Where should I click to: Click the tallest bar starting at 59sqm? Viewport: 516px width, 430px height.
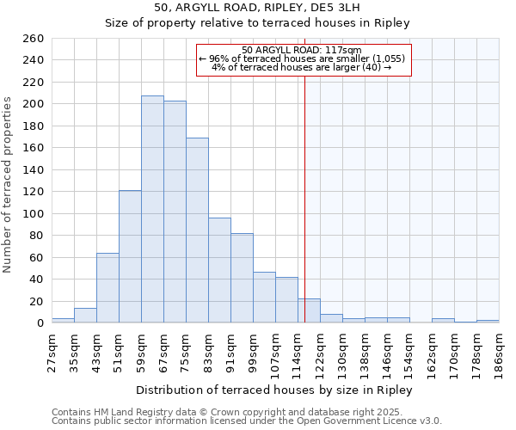[152, 209]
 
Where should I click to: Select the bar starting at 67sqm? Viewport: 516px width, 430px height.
[175, 212]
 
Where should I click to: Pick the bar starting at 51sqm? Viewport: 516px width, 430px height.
[130, 256]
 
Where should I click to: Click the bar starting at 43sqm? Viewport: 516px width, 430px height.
[107, 288]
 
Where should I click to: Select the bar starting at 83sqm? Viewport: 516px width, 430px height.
[219, 270]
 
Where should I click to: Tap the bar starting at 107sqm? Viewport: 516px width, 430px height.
[286, 299]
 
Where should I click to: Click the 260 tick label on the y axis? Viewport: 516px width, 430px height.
[34, 39]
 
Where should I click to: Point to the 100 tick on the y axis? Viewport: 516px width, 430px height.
[34, 213]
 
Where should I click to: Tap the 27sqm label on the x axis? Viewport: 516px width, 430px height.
[52, 349]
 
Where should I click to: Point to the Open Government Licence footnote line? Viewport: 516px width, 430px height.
[247, 421]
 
